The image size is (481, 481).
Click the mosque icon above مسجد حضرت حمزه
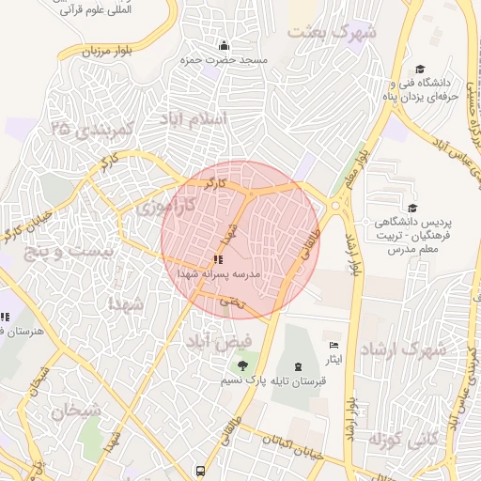coord(224,46)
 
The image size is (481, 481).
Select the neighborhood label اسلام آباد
coord(194,119)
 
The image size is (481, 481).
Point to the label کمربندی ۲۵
coord(94,126)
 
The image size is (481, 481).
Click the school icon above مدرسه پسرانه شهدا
coord(218,258)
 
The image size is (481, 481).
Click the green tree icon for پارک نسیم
coord(243,365)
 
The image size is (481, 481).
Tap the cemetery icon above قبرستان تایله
coord(298,365)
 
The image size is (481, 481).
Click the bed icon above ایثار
coord(334,346)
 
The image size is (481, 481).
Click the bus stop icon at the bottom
coord(199,471)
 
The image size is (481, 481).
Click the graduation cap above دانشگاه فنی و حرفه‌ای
coord(420,69)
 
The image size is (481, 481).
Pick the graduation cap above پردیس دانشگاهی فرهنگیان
coord(411,208)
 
